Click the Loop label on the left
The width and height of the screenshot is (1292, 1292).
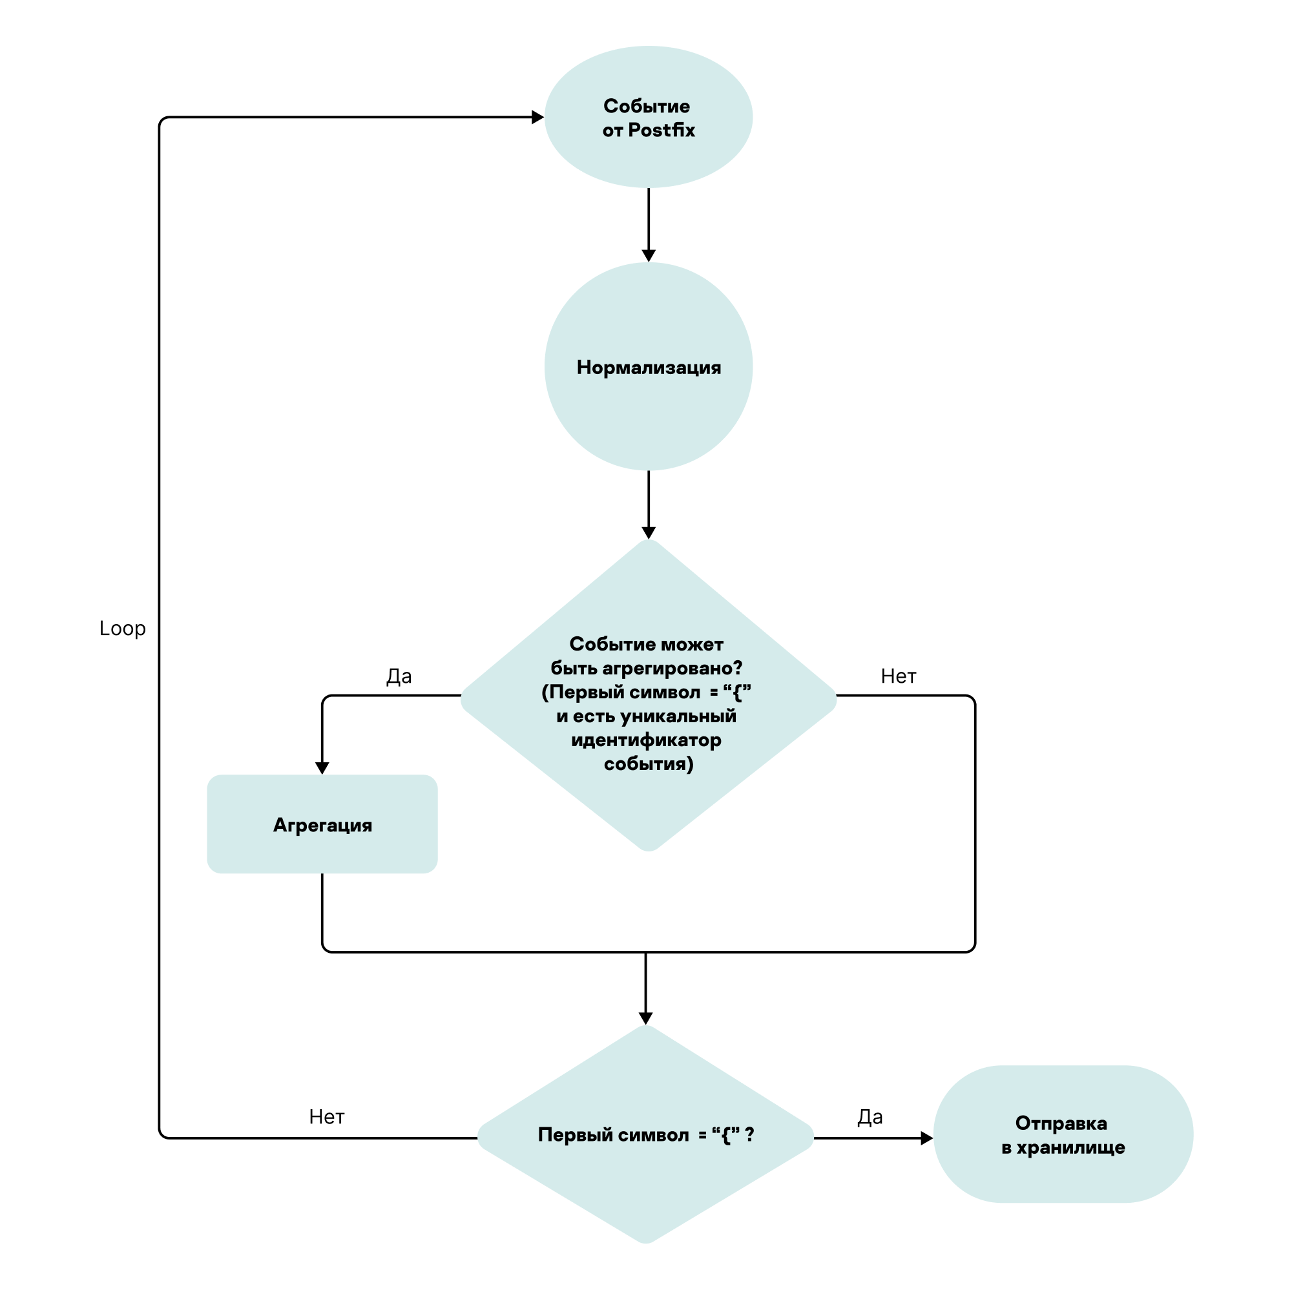click(122, 629)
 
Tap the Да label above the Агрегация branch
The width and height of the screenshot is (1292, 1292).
click(399, 676)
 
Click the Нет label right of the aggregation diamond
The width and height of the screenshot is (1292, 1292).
click(898, 676)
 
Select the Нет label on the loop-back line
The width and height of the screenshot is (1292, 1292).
click(326, 1117)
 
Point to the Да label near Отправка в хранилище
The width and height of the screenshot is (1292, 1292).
click(870, 1117)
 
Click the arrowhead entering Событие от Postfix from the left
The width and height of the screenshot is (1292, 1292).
click(537, 117)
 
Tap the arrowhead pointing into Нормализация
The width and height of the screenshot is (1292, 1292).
click(648, 255)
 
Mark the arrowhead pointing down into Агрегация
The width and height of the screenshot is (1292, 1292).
click(322, 768)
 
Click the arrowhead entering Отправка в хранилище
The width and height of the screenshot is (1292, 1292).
click(926, 1138)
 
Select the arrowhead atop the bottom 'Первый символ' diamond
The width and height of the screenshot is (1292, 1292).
click(645, 1018)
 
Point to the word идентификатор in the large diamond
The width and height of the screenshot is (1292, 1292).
click(646, 740)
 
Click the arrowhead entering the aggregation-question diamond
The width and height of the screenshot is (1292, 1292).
click(648, 533)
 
